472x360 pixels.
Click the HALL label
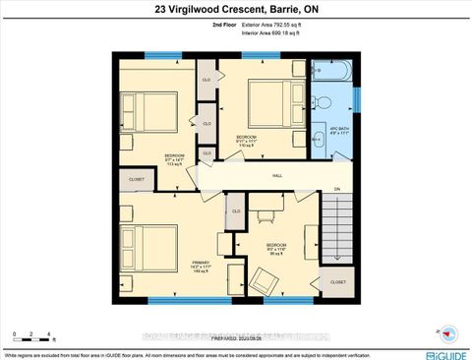tap(278, 176)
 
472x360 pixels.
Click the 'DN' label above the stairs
tap(336, 189)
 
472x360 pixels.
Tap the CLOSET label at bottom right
tap(337, 281)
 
